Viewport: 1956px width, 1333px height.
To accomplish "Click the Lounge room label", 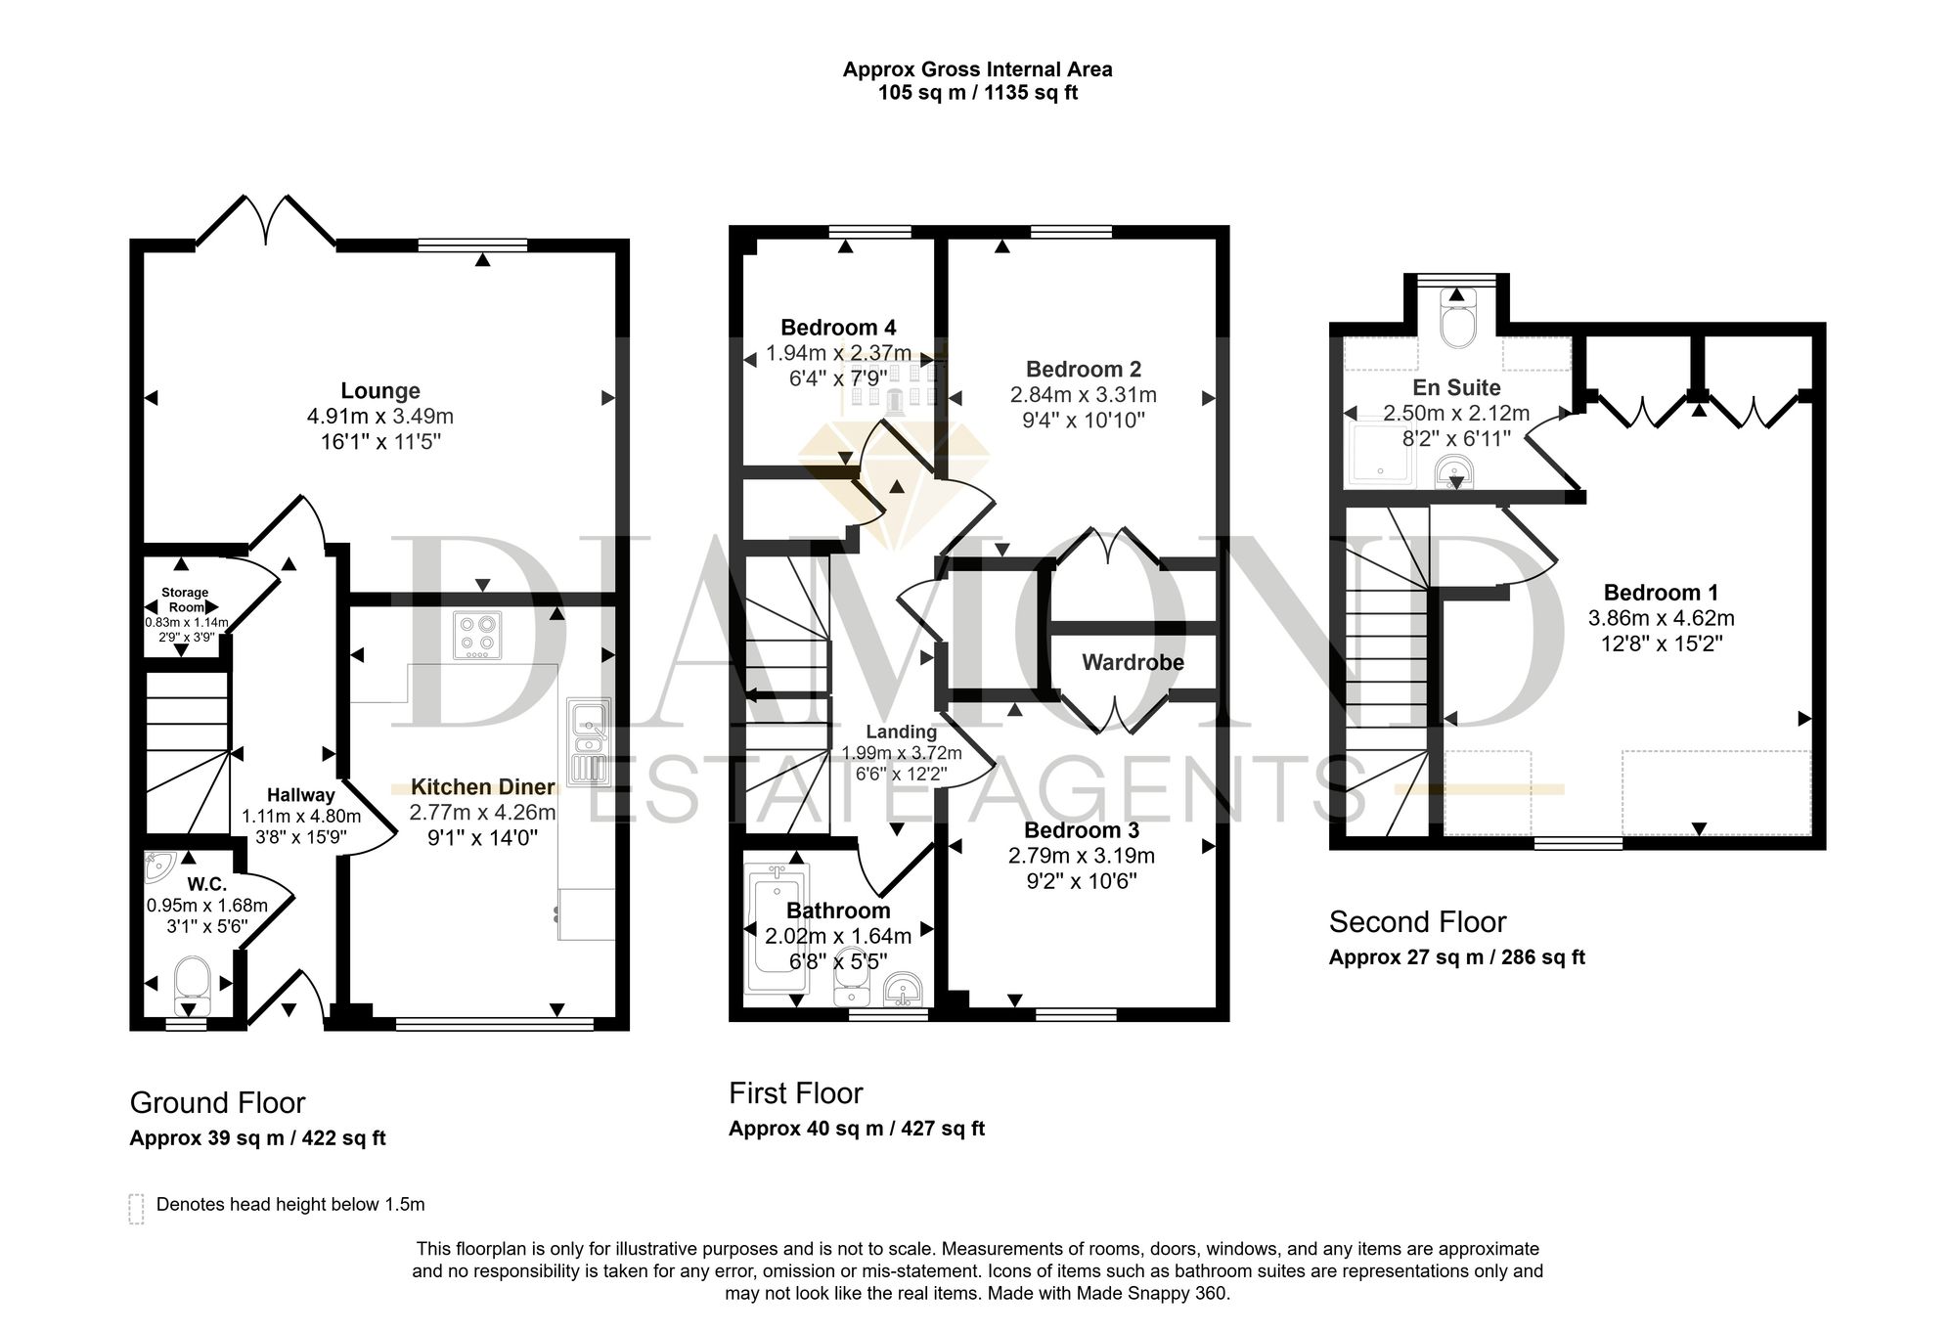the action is click(380, 391).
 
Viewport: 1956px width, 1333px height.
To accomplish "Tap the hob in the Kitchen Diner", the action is click(477, 635).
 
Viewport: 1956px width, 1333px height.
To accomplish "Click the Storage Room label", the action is click(185, 600).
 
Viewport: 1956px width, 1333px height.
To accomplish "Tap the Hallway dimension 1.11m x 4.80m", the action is click(301, 817).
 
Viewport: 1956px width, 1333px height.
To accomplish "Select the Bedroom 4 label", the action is click(838, 328).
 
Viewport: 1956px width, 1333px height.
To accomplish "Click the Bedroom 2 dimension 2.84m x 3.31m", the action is click(1084, 395).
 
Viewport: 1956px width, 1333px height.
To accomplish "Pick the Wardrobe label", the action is click(1133, 662).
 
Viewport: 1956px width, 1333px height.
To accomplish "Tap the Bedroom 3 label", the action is click(1082, 830).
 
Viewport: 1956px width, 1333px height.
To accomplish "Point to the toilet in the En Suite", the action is click(1457, 319).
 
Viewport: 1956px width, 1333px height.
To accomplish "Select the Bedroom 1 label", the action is click(1661, 593).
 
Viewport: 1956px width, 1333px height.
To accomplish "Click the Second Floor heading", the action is click(1417, 921).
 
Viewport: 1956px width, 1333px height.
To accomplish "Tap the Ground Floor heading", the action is click(217, 1103).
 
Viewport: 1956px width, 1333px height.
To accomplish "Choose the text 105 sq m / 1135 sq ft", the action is click(978, 94).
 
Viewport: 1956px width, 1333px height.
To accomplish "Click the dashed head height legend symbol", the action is click(136, 1209).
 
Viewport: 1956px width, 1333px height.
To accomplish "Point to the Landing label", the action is click(902, 732).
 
